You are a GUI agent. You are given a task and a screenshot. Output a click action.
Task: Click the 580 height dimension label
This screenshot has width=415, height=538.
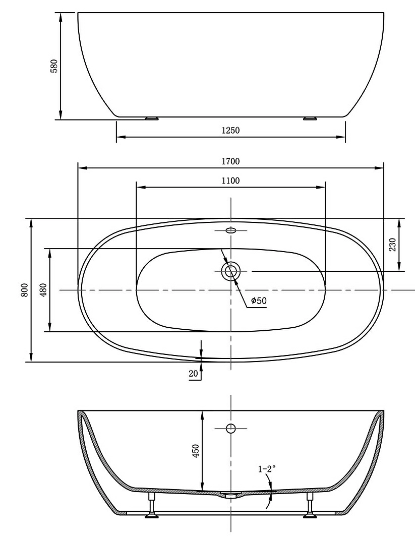click(54, 66)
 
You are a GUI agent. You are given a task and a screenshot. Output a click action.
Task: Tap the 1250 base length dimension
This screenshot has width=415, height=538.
click(230, 130)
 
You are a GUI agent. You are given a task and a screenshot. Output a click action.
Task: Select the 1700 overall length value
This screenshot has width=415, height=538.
click(230, 161)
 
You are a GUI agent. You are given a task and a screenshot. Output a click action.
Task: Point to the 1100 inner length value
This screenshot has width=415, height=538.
click(230, 181)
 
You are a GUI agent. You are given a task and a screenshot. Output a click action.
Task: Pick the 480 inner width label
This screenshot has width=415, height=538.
click(43, 290)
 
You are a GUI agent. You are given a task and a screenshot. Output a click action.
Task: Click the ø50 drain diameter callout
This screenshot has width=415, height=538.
click(258, 301)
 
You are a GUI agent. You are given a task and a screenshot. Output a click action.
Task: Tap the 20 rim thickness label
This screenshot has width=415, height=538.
click(193, 374)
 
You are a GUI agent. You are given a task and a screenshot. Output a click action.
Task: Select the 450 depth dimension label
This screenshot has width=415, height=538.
click(196, 450)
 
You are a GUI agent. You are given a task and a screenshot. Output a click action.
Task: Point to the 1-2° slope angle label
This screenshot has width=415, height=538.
click(267, 469)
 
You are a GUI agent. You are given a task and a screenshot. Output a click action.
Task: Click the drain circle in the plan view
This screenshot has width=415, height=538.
click(231, 271)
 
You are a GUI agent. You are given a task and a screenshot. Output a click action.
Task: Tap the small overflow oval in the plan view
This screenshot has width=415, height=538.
click(231, 230)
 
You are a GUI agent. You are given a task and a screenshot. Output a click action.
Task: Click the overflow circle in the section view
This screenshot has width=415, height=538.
click(231, 429)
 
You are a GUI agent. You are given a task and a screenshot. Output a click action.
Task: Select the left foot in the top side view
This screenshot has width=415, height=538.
click(151, 119)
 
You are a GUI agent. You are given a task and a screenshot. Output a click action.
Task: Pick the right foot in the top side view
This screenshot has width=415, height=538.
click(310, 119)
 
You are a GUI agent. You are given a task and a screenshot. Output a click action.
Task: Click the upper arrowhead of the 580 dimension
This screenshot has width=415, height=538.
click(61, 17)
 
